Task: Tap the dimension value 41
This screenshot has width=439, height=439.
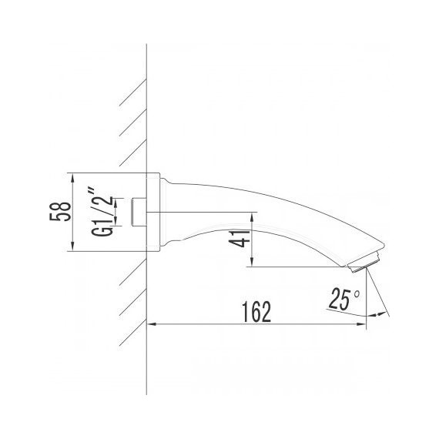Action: pyautogui.click(x=242, y=240)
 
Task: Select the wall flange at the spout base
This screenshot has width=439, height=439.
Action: pyautogui.click(x=163, y=212)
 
